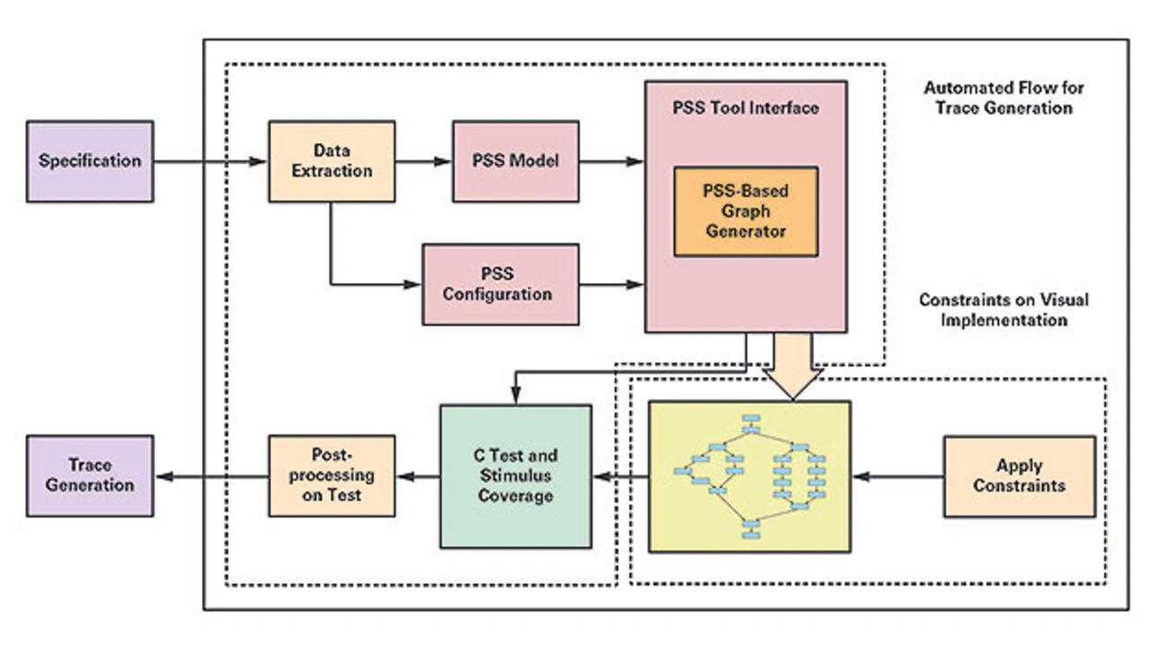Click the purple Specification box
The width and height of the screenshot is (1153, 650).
[90, 161]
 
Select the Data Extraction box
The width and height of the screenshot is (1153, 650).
[331, 161]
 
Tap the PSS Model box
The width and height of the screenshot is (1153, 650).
[515, 161]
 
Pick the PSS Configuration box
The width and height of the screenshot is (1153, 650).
[500, 284]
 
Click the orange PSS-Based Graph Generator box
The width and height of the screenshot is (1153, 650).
[745, 211]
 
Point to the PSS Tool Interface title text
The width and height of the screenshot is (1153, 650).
[745, 108]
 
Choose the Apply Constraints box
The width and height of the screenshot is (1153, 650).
[1019, 476]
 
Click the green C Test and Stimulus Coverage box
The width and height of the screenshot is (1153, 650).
[515, 476]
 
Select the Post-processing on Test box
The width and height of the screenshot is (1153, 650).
[331, 476]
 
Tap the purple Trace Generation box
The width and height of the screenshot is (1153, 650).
[90, 476]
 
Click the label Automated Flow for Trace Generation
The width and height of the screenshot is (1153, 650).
[1003, 98]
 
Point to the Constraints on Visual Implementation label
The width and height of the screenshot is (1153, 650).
[1003, 309]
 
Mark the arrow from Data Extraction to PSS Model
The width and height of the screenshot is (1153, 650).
[423, 161]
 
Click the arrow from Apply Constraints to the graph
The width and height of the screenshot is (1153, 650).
[896, 476]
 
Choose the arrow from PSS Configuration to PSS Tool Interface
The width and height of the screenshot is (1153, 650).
[612, 285]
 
